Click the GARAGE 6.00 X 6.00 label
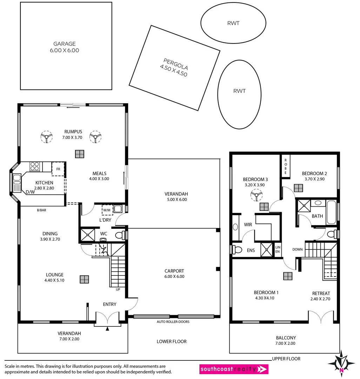[x=64, y=47]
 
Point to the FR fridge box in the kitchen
[x=58, y=168]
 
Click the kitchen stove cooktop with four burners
[x=34, y=166]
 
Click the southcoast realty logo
[x=234, y=369]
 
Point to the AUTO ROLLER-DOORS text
[x=173, y=321]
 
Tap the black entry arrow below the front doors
[x=107, y=329]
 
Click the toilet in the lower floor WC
[x=119, y=234]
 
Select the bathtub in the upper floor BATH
[x=332, y=212]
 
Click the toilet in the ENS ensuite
[x=237, y=250]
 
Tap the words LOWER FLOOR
[x=172, y=341]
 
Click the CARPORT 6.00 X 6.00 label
[x=174, y=274]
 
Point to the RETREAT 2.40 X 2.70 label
[x=321, y=296]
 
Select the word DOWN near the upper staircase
[x=298, y=250]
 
